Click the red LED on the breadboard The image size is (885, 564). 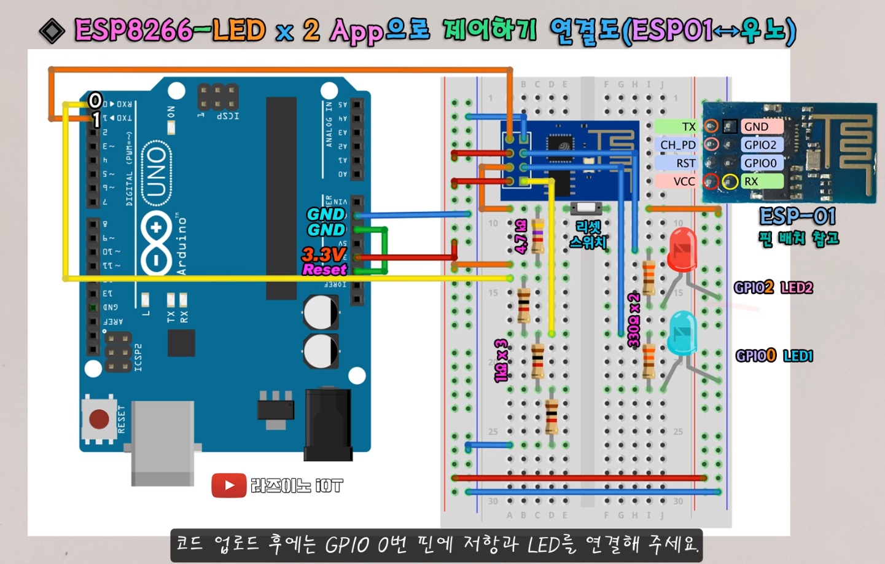(x=681, y=249)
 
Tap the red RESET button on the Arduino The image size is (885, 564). (x=99, y=419)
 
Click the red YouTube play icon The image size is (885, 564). (x=228, y=485)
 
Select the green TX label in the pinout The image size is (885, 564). (x=676, y=127)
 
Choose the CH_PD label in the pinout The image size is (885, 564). (x=677, y=145)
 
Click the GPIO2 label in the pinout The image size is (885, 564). (x=762, y=145)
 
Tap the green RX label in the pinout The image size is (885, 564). (x=762, y=181)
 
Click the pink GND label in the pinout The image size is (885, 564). (x=762, y=127)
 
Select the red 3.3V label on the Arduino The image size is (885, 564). (x=324, y=254)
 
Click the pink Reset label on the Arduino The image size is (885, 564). (x=324, y=270)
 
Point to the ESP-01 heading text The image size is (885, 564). (x=798, y=216)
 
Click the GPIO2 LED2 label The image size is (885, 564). (x=773, y=288)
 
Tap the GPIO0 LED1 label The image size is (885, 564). (x=774, y=356)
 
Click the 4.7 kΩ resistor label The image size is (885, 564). (x=521, y=237)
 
